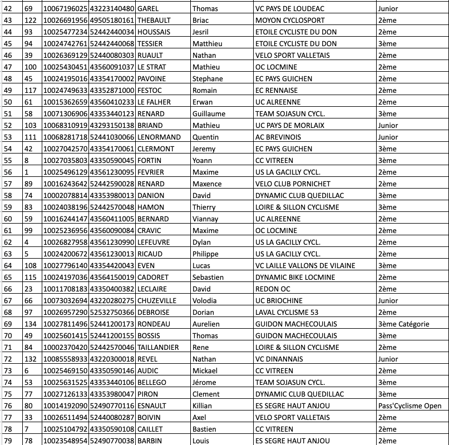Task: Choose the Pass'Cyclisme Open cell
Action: (x=409, y=406)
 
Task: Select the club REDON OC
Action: (x=273, y=289)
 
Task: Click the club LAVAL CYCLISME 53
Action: (x=287, y=312)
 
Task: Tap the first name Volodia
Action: (x=205, y=300)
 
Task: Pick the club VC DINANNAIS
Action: (x=280, y=359)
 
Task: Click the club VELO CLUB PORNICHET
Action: (x=293, y=184)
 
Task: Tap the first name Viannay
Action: (x=205, y=219)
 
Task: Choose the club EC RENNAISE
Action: (x=276, y=90)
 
